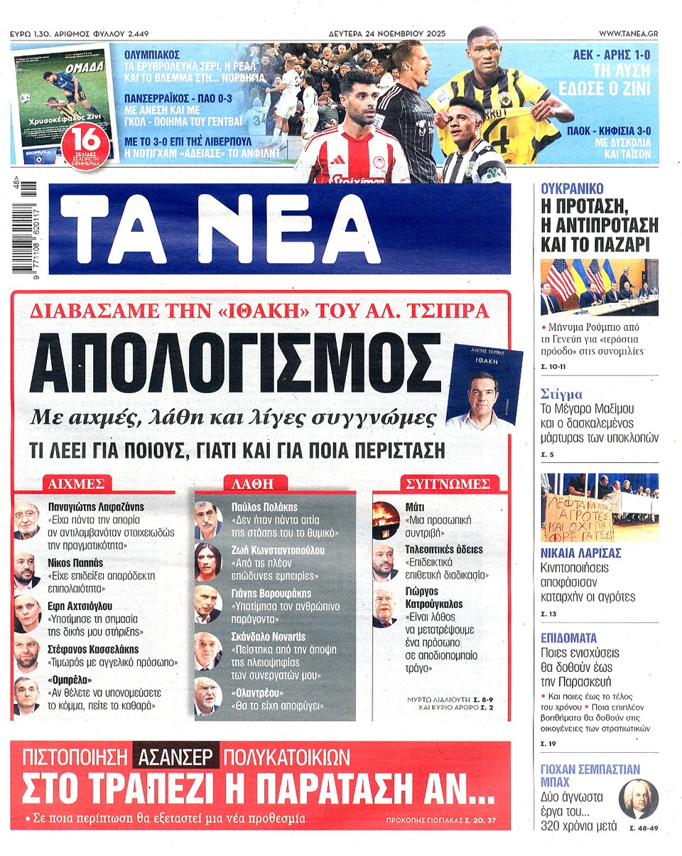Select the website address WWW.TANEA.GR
point(628,33)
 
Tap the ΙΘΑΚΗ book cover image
point(484,385)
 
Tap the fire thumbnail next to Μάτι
point(386,516)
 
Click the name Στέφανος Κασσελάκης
point(94,649)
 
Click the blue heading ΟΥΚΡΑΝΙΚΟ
point(572,189)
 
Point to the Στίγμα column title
point(561,394)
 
